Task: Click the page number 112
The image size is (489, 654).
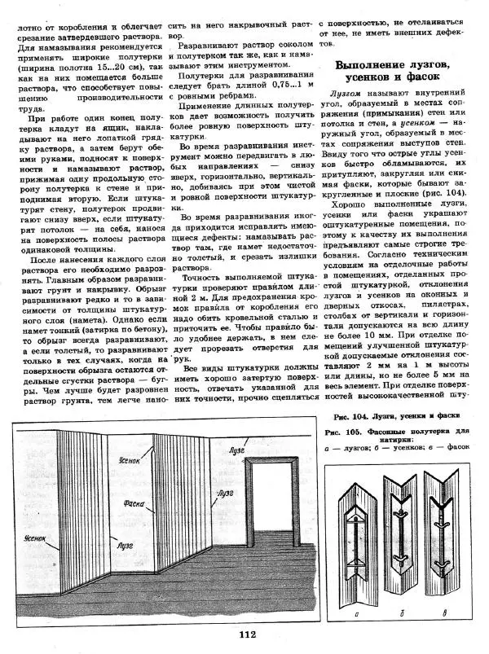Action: pos(249,636)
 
